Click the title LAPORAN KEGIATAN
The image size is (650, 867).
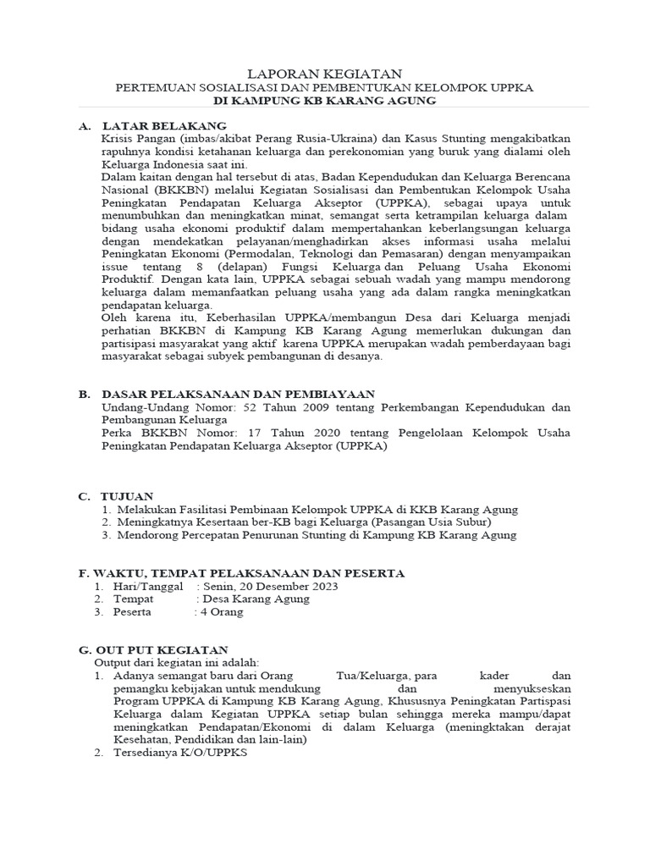tap(325, 75)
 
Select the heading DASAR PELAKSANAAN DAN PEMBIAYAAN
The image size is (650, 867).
tap(238, 394)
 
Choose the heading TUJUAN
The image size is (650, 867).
tap(128, 495)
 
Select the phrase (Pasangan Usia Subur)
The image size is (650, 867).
tap(435, 522)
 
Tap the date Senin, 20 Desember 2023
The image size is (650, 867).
tap(270, 586)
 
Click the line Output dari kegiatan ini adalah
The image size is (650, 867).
tap(177, 662)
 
